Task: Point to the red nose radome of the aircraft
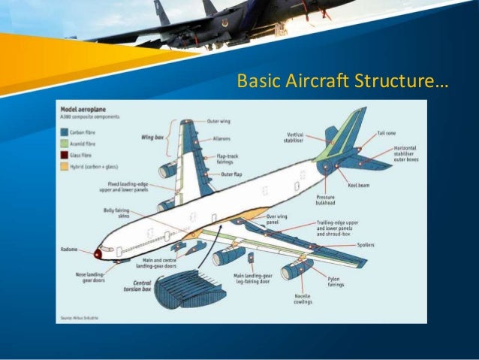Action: coord(98,254)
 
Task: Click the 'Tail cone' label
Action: coord(387,132)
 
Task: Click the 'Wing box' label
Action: coord(153,138)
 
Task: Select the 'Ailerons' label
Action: coord(220,138)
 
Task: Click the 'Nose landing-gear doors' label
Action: coord(90,278)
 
